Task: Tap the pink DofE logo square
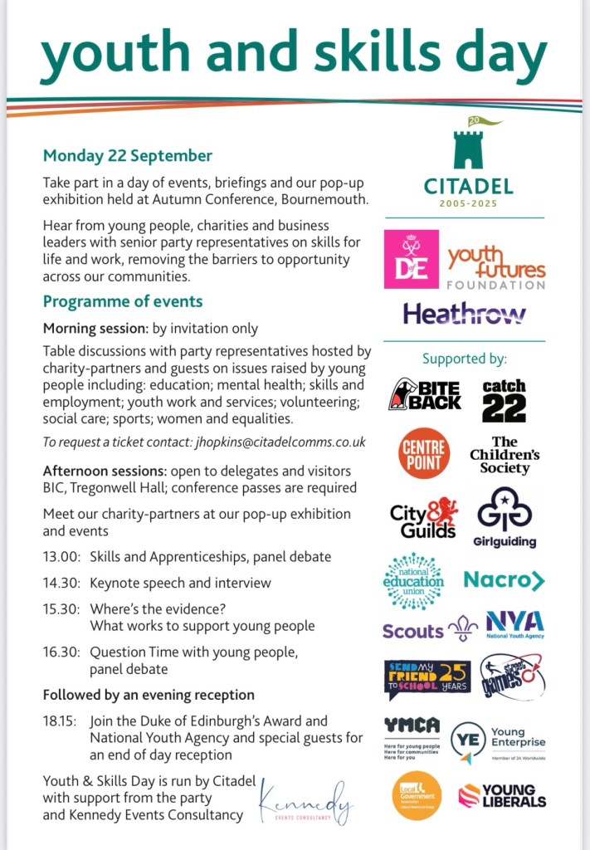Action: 411,259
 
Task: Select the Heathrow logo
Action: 464,314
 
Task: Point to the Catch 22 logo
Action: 504,400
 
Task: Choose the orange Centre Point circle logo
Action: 424,452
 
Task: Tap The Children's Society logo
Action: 505,455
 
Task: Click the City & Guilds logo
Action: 423,518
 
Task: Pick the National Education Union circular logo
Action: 414,581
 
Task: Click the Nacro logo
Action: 504,580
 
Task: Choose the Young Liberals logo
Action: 502,795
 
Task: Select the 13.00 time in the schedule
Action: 60,555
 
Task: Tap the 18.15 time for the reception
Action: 60,721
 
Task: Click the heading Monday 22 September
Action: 128,155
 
